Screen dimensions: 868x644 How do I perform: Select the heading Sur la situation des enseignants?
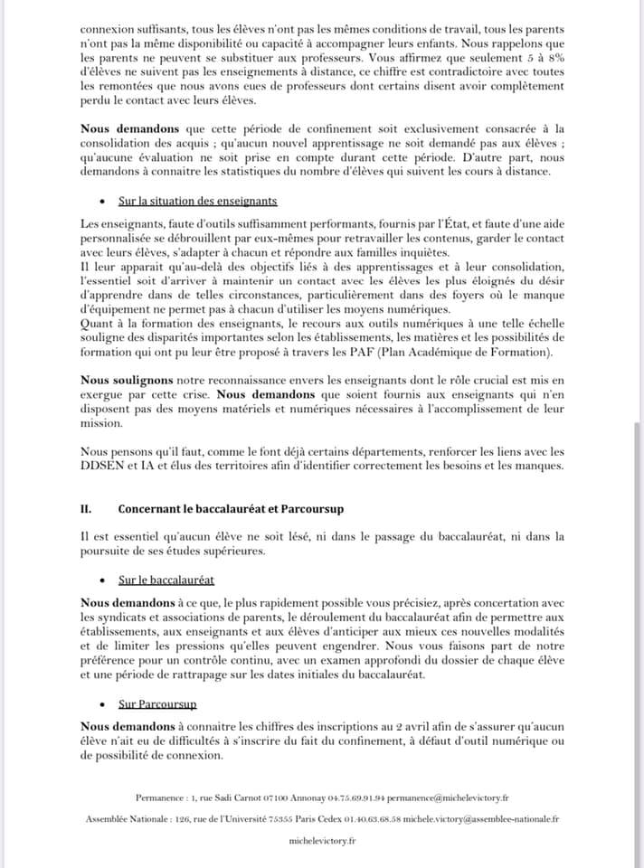coord(197,201)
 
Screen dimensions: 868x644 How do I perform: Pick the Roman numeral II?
coord(87,509)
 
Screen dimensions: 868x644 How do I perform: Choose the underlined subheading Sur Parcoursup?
coord(158,703)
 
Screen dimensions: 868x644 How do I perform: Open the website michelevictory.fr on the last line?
coord(322,840)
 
